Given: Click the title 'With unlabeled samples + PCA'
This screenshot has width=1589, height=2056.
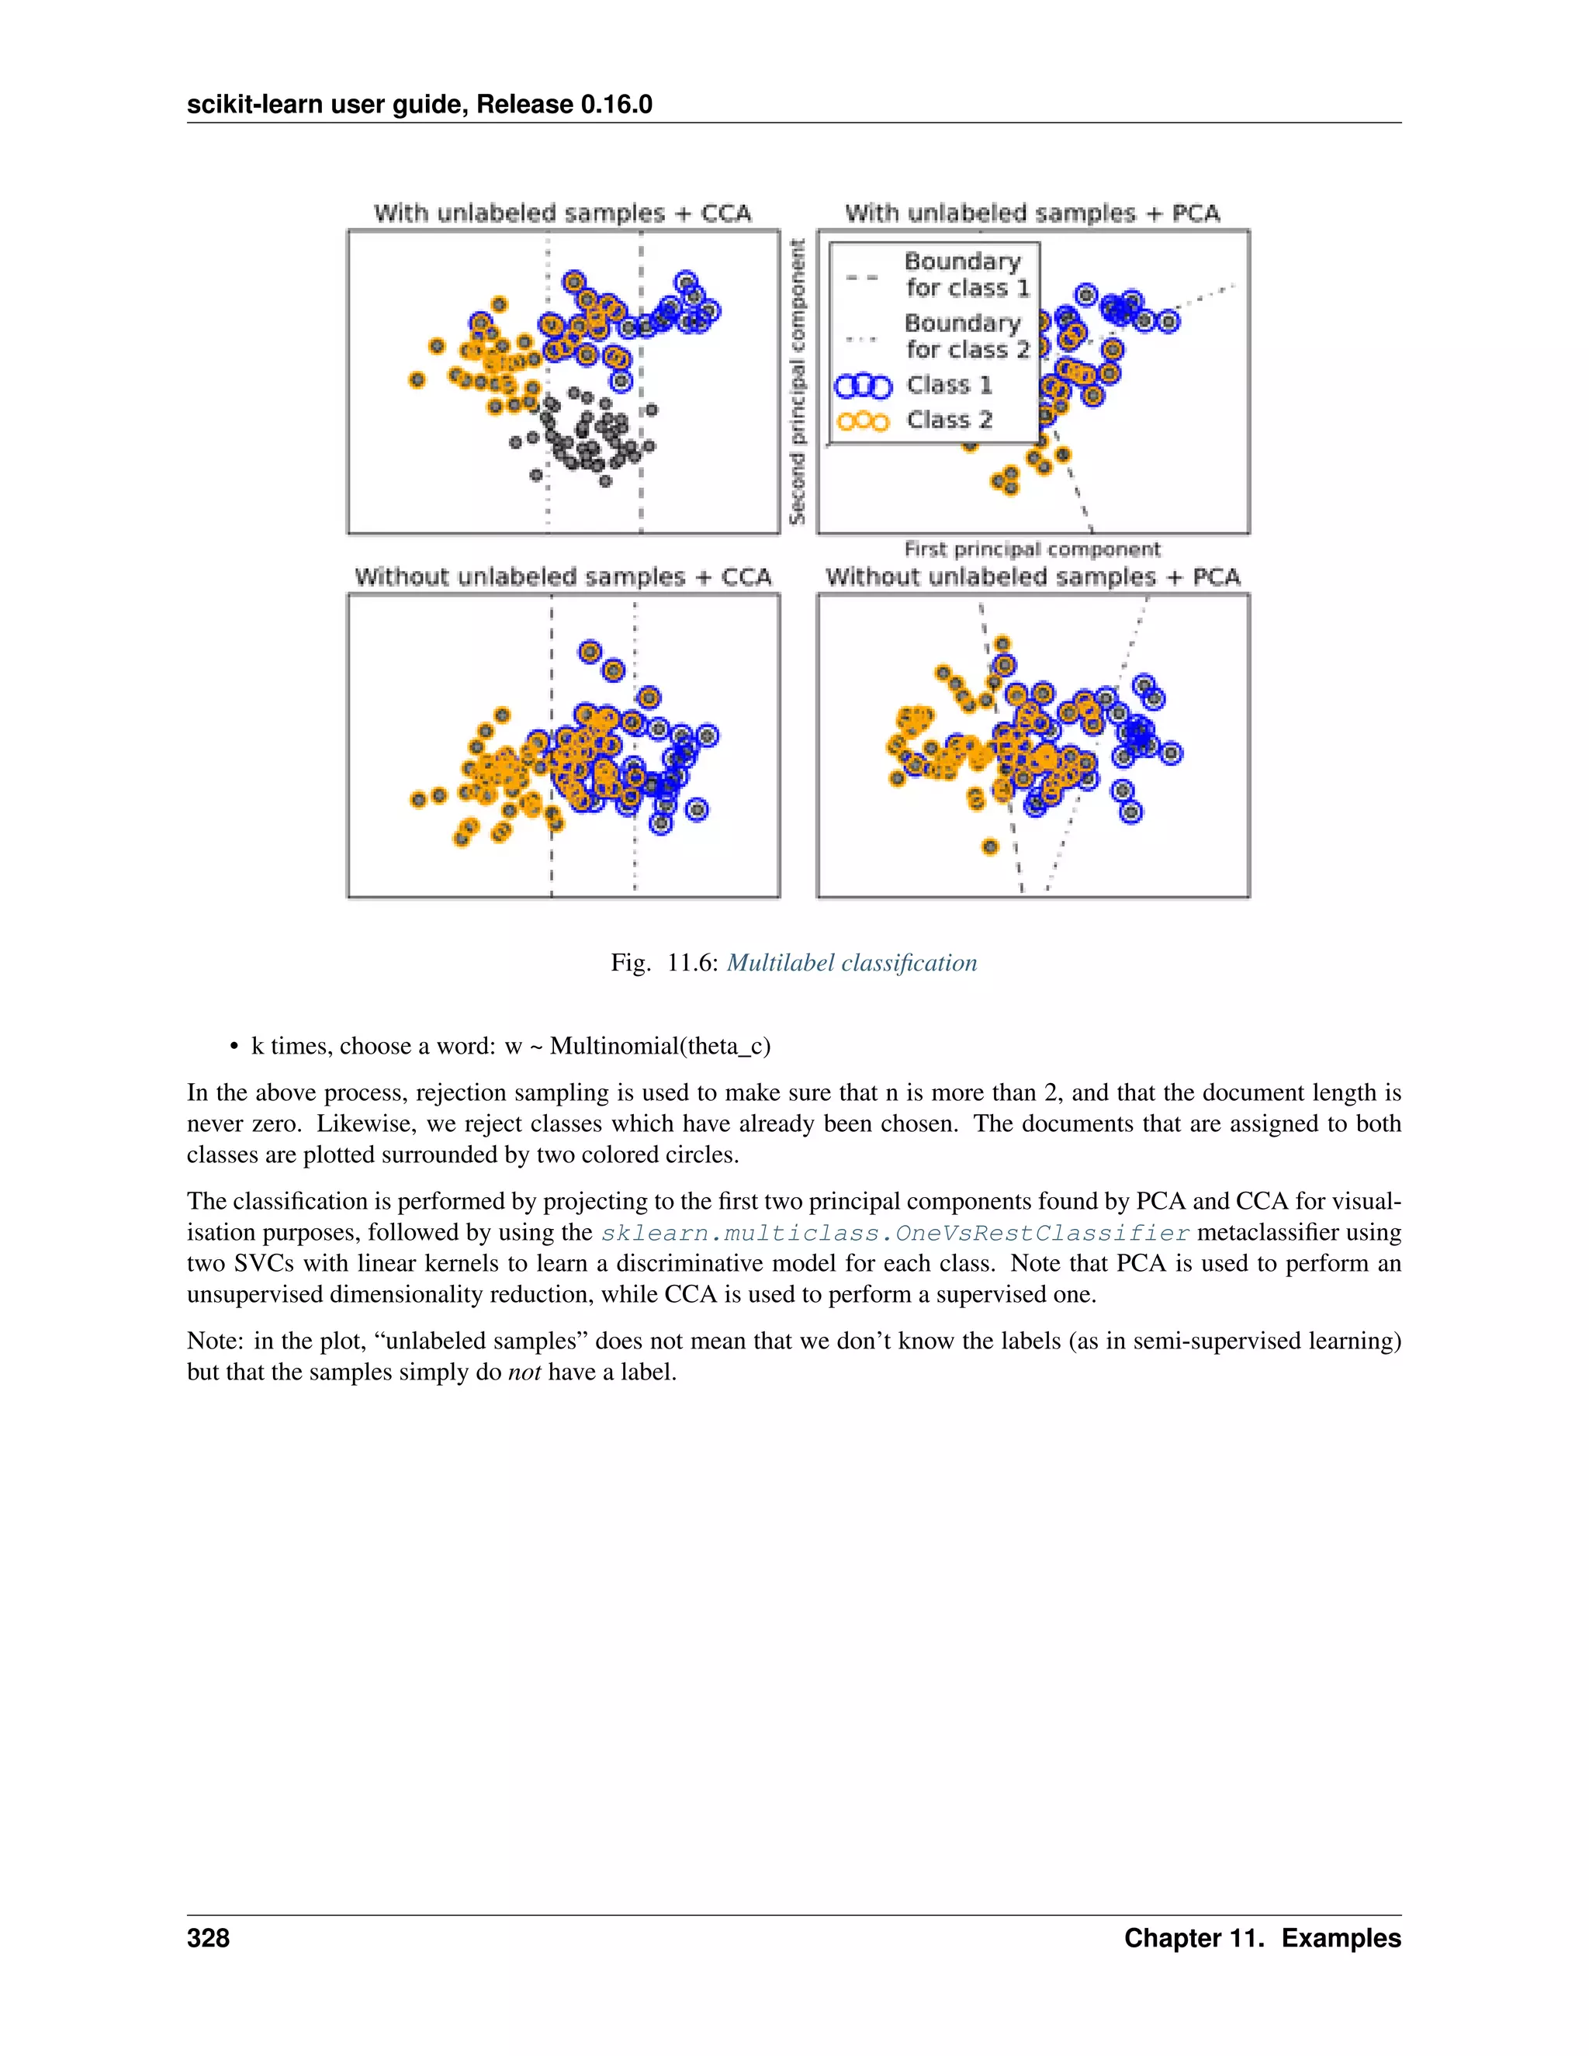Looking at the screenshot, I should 1032,213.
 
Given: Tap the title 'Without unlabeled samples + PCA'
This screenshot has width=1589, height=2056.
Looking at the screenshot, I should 1032,576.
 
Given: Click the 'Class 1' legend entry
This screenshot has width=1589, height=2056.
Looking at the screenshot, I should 948,385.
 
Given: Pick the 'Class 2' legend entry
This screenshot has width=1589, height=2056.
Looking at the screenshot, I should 948,420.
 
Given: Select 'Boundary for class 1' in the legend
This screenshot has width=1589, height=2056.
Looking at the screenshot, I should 966,274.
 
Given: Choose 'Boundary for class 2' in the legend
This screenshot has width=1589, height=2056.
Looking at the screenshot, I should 966,336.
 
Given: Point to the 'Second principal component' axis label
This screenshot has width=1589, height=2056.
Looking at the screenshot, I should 798,381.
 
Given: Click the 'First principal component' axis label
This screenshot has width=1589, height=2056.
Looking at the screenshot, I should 1032,549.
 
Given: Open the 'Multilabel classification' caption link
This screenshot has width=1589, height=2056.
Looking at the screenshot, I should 851,962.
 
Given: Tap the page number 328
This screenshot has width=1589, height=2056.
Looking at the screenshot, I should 208,1937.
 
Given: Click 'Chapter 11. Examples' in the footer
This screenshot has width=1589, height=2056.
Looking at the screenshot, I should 1262,1937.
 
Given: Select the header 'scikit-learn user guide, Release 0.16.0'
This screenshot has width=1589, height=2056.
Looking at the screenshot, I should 419,105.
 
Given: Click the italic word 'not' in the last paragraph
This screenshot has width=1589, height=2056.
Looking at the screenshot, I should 524,1372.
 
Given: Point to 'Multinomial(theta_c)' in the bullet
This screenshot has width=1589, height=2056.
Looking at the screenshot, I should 660,1046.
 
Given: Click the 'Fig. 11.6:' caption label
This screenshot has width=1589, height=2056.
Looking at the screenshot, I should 665,962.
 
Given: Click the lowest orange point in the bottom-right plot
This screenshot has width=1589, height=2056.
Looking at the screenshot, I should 989,846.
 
